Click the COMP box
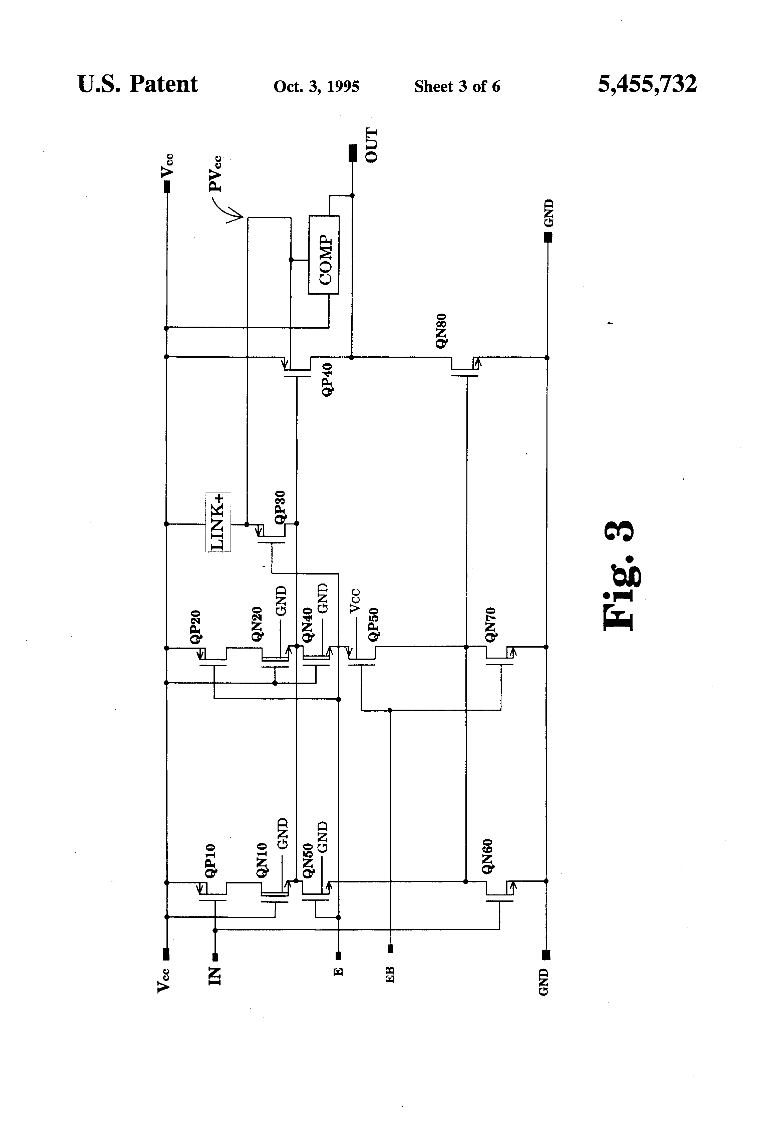click(x=323, y=255)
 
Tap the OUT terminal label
click(x=372, y=145)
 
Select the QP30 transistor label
click(x=280, y=508)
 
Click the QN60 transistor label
click(x=487, y=857)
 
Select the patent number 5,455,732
click(x=647, y=84)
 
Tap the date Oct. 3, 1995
click(x=317, y=87)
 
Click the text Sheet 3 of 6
click(x=457, y=87)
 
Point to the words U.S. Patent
click(x=137, y=84)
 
